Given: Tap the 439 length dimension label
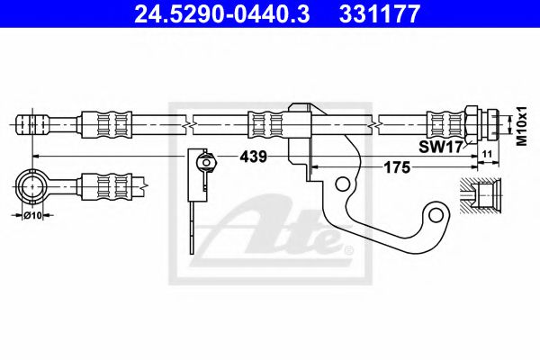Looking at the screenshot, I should tap(253, 157).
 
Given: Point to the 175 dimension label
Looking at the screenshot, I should tap(398, 167).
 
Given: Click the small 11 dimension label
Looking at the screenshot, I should tap(486, 156).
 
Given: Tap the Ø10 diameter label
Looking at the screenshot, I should tap(33, 214).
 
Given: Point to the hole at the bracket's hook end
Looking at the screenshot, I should tap(437, 214).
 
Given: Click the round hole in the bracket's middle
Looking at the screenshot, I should tap(342, 184).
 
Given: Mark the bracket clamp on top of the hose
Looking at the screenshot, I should tap(301, 117).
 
